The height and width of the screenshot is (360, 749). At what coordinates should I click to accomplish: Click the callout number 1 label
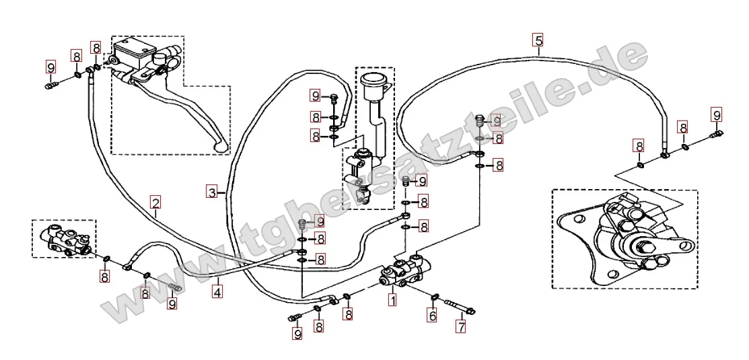pyautogui.click(x=392, y=301)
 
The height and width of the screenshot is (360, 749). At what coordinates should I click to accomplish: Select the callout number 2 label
pyautogui.click(x=155, y=202)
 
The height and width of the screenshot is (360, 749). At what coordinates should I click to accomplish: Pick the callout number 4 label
pyautogui.click(x=217, y=291)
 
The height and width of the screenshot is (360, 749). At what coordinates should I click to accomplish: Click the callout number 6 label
pyautogui.click(x=432, y=315)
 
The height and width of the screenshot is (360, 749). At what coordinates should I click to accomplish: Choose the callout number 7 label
pyautogui.click(x=461, y=326)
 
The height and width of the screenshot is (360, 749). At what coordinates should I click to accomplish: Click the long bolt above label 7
pyautogui.click(x=460, y=307)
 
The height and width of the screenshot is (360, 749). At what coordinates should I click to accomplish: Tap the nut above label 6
pyautogui.click(x=435, y=298)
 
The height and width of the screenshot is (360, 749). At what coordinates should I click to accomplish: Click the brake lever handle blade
pyautogui.click(x=191, y=114)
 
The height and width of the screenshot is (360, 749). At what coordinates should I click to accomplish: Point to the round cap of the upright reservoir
pyautogui.click(x=373, y=79)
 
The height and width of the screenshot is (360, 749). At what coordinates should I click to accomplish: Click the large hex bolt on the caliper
pyautogui.click(x=642, y=248)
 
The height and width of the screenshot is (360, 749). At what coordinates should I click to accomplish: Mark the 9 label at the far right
pyautogui.click(x=717, y=114)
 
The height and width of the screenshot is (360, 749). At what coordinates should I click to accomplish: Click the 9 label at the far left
pyautogui.click(x=51, y=67)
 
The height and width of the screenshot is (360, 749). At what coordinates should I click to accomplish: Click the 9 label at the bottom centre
pyautogui.click(x=297, y=333)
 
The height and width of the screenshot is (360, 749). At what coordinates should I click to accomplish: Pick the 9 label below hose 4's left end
pyautogui.click(x=172, y=303)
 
